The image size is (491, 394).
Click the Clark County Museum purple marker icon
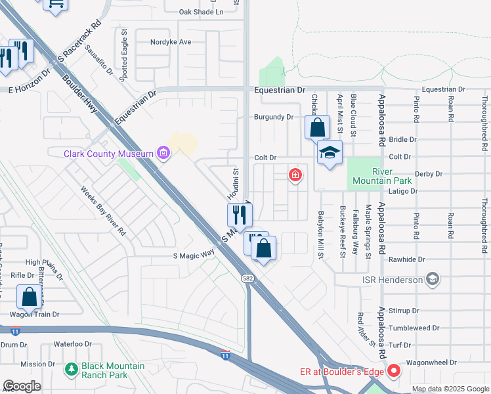point(164,154)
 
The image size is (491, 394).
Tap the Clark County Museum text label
point(109,154)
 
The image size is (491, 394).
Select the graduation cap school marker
point(330,153)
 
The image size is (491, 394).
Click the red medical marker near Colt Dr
point(296,175)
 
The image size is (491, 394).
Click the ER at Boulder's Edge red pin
point(393,371)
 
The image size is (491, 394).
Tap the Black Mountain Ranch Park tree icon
point(72,370)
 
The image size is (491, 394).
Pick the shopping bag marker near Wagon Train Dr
point(30,297)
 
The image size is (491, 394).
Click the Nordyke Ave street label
point(170,42)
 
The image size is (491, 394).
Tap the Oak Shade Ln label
point(202,12)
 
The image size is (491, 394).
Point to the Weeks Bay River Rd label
point(103,211)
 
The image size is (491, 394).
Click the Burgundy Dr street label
point(273,117)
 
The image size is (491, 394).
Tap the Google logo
point(22,386)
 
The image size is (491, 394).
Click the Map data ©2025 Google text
point(450,389)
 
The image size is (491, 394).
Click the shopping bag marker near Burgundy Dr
point(317,127)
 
